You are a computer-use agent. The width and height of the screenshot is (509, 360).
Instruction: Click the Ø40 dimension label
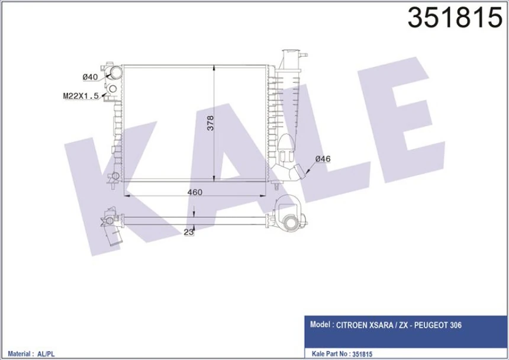pos(90,77)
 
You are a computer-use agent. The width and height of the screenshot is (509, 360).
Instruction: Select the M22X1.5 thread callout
pos(80,95)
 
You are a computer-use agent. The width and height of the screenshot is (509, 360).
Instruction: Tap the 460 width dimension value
pos(195,192)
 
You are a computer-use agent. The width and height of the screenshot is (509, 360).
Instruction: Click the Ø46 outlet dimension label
pos(323,158)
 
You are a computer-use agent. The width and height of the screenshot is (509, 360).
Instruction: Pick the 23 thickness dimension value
pos(189,233)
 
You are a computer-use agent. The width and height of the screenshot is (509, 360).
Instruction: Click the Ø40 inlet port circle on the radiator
pos(114,73)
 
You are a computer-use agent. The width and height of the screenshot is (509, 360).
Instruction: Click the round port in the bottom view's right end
pos(291,223)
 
